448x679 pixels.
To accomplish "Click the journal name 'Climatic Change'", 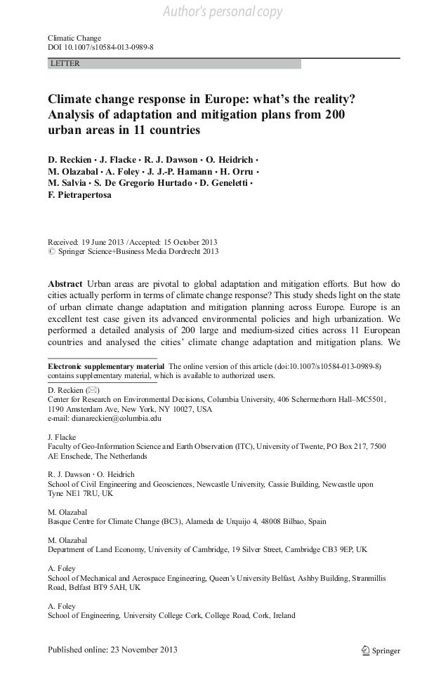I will click(x=74, y=36).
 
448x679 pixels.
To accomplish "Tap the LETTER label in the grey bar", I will click(x=65, y=64).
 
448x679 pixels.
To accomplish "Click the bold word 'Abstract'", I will click(x=66, y=284).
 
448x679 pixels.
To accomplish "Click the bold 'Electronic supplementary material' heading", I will click(x=105, y=366).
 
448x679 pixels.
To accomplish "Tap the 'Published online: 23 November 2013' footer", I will click(x=112, y=650).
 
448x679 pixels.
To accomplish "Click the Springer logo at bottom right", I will click(x=376, y=650).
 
